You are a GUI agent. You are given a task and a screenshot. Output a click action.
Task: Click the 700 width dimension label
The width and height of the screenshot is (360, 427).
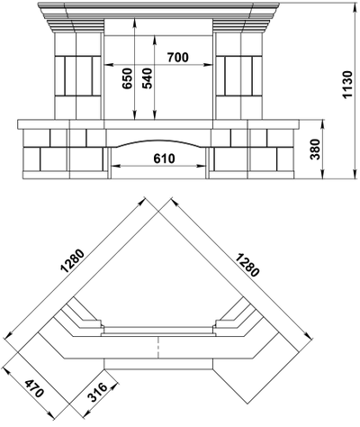click(x=178, y=57)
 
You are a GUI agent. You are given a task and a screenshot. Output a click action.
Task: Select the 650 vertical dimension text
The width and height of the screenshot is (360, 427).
click(x=127, y=78)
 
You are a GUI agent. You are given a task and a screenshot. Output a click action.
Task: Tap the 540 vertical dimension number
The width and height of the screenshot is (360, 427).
click(x=147, y=78)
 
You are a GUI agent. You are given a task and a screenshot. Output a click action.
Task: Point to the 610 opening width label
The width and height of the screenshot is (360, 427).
click(x=164, y=159)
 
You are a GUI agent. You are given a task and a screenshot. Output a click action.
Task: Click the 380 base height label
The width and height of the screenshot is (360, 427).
click(x=315, y=150)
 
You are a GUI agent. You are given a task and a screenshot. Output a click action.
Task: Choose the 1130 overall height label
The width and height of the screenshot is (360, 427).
click(x=347, y=85)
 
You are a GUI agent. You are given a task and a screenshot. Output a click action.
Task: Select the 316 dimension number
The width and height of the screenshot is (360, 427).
click(x=97, y=393)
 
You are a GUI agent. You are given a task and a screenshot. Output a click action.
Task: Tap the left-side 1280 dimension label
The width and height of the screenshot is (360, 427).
click(x=73, y=260)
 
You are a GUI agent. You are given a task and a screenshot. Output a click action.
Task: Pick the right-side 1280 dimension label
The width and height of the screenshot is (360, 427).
click(x=247, y=265)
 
